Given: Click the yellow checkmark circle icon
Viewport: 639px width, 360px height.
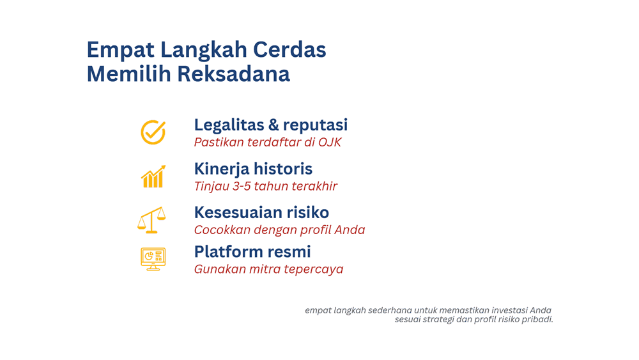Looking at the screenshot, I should click(x=153, y=132).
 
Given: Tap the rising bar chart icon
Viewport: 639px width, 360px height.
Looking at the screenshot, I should click(x=153, y=176).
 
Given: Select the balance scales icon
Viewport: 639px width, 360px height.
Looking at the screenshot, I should click(x=151, y=219).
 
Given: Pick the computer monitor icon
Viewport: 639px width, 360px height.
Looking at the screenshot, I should click(x=153, y=259).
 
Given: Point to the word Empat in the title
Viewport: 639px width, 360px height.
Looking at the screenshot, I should click(x=121, y=50).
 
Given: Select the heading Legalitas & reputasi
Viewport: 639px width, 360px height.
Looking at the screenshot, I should click(x=270, y=125).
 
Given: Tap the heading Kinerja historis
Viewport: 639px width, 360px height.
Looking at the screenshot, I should click(x=253, y=169).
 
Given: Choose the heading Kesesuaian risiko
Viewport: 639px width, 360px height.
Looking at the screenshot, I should click(x=261, y=212).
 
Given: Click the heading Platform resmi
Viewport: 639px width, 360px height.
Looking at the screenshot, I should click(x=252, y=251).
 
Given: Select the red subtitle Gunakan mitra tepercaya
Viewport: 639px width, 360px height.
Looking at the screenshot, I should click(x=268, y=269).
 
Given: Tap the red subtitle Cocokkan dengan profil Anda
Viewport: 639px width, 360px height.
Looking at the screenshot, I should click(x=279, y=230).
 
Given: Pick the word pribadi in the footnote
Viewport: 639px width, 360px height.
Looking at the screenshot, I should click(x=536, y=319).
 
